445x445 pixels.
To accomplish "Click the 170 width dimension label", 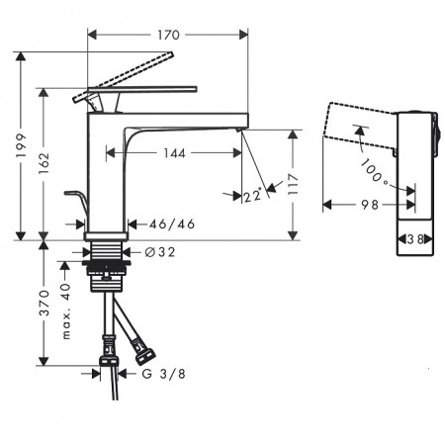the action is coord(168,35).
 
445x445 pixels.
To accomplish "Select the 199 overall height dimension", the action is coord(21,145).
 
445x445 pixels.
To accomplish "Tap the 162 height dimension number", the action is coord(44,163).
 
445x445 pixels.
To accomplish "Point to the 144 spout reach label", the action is coord(174,153).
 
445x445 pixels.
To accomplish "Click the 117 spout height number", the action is coord(293,184).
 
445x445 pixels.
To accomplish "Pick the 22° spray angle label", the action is coord(253,195).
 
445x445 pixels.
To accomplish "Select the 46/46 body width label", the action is coord(172,224).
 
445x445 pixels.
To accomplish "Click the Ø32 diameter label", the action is coord(160,252).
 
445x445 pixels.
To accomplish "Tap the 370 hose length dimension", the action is coord(44,303).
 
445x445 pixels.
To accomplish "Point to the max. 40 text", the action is coord(66,311).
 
